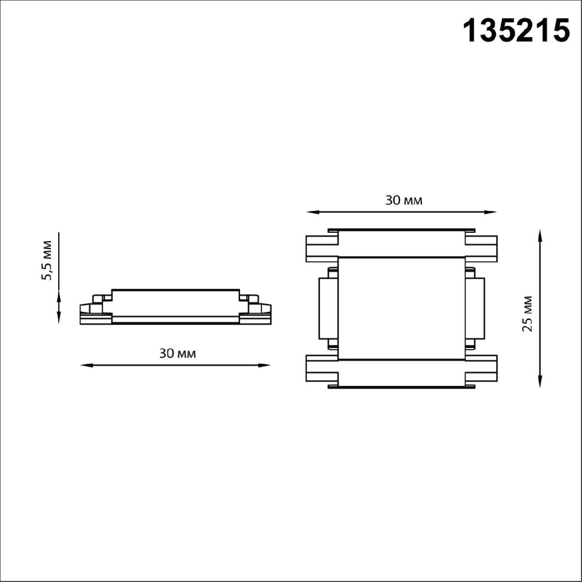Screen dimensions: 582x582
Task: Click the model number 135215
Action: [x=516, y=31]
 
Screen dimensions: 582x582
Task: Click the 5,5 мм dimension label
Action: [x=47, y=260]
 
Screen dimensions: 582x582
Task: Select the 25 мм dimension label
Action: [x=527, y=313]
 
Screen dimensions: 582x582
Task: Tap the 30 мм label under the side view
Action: [x=178, y=354]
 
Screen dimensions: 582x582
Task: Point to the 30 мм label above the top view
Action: [x=404, y=200]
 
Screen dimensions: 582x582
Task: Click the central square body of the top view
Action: [x=401, y=308]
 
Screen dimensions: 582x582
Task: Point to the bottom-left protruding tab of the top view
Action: [x=321, y=370]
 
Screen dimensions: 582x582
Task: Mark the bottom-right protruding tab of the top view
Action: [x=481, y=370]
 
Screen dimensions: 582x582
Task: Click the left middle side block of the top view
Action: [x=327, y=308]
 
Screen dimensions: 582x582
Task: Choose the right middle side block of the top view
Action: [x=475, y=308]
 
